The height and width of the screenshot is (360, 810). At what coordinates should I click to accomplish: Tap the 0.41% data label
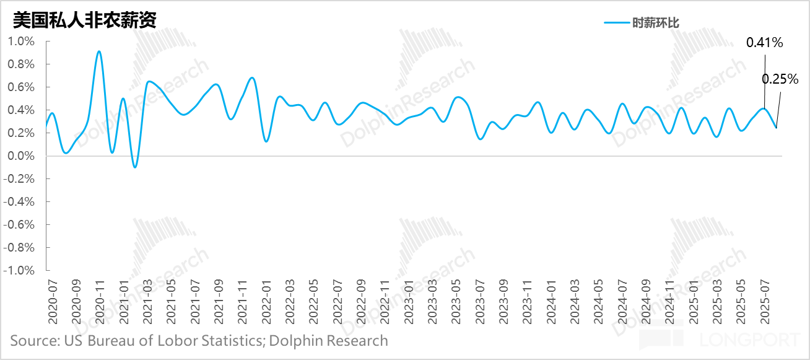coord(765,43)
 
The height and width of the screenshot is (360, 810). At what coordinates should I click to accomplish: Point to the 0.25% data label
coord(780,79)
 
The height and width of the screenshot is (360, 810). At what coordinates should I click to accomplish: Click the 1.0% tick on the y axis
coord(21,42)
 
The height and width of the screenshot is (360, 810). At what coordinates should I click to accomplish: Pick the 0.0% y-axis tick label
coord(21,156)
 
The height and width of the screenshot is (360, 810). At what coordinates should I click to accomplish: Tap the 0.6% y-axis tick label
coord(21,87)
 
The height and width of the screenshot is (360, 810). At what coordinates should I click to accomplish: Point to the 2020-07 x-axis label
coord(53,299)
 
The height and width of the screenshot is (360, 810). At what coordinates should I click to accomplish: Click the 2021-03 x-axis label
coord(147,299)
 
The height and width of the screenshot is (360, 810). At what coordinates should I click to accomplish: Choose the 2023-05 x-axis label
coord(456,299)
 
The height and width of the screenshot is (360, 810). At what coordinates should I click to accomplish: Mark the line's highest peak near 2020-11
coord(99,51)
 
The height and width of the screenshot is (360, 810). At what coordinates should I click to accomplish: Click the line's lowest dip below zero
coord(135,167)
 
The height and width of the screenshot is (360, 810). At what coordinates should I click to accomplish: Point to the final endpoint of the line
coord(777,128)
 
